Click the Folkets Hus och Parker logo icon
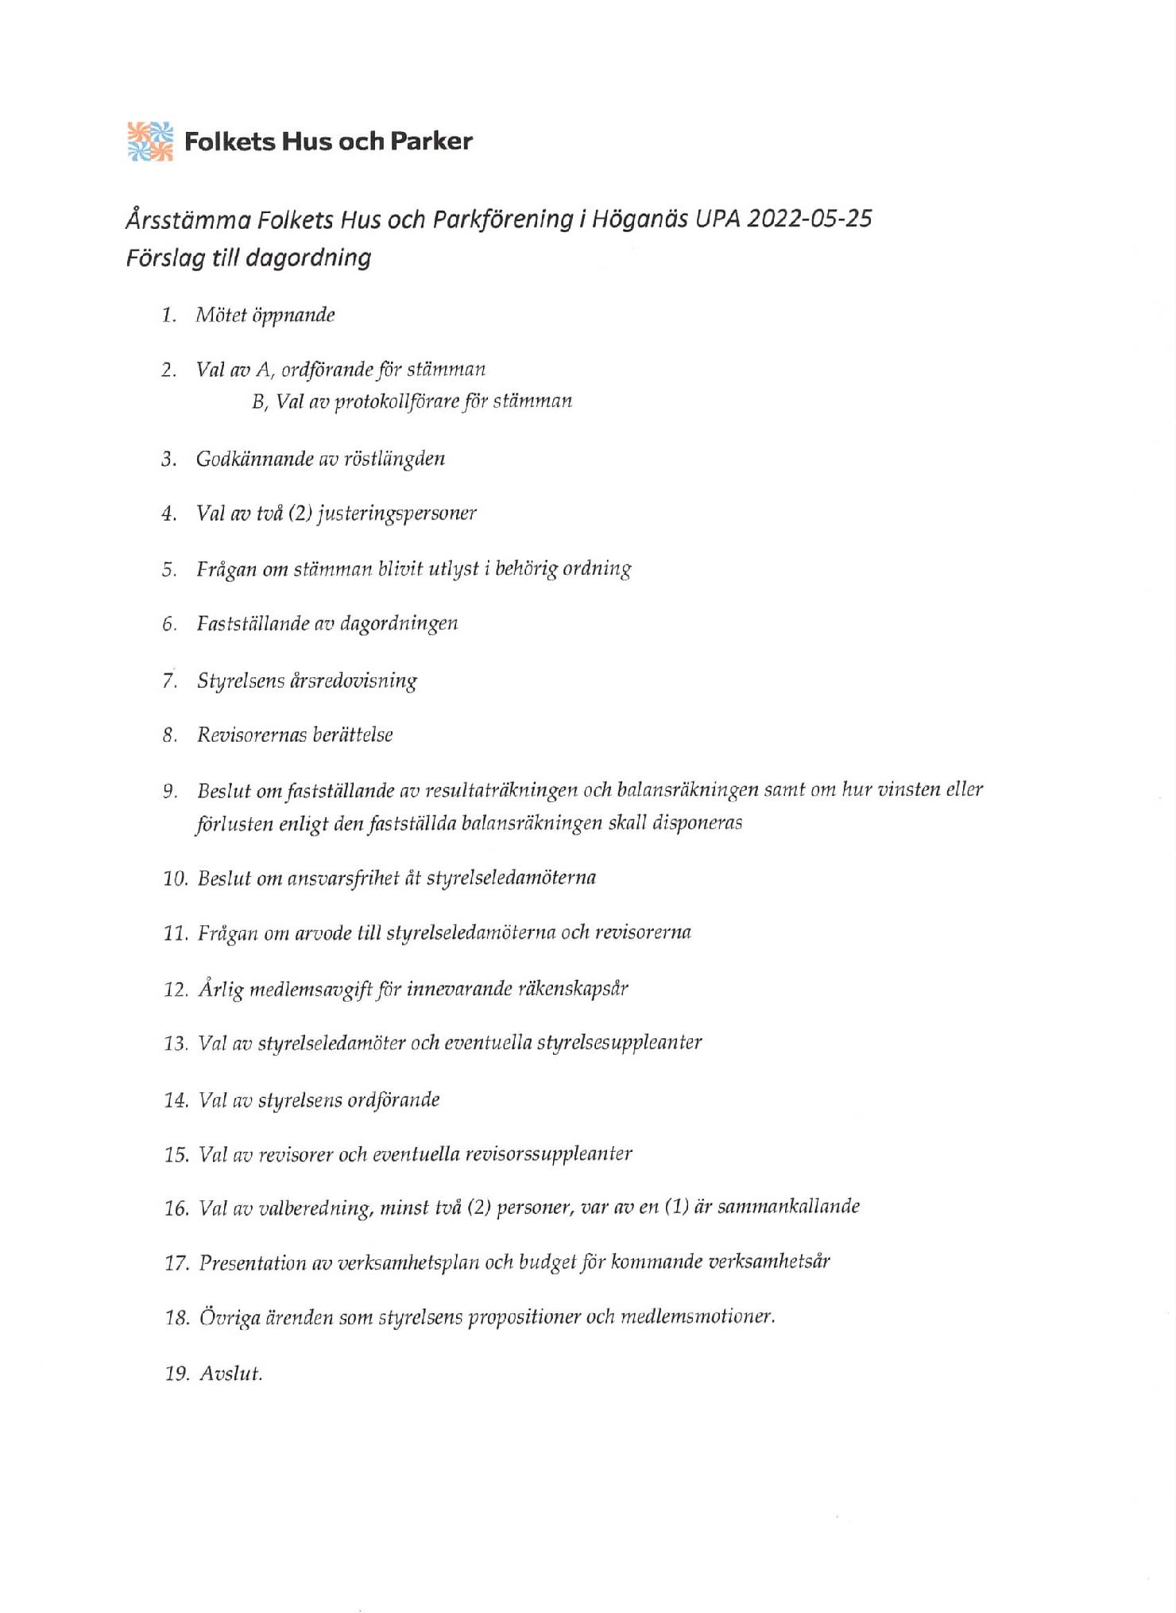pyautogui.click(x=150, y=142)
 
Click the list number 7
pyautogui.click(x=168, y=681)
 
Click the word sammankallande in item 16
pyautogui.click(x=787, y=1207)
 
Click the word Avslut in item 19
pyautogui.click(x=230, y=1375)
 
